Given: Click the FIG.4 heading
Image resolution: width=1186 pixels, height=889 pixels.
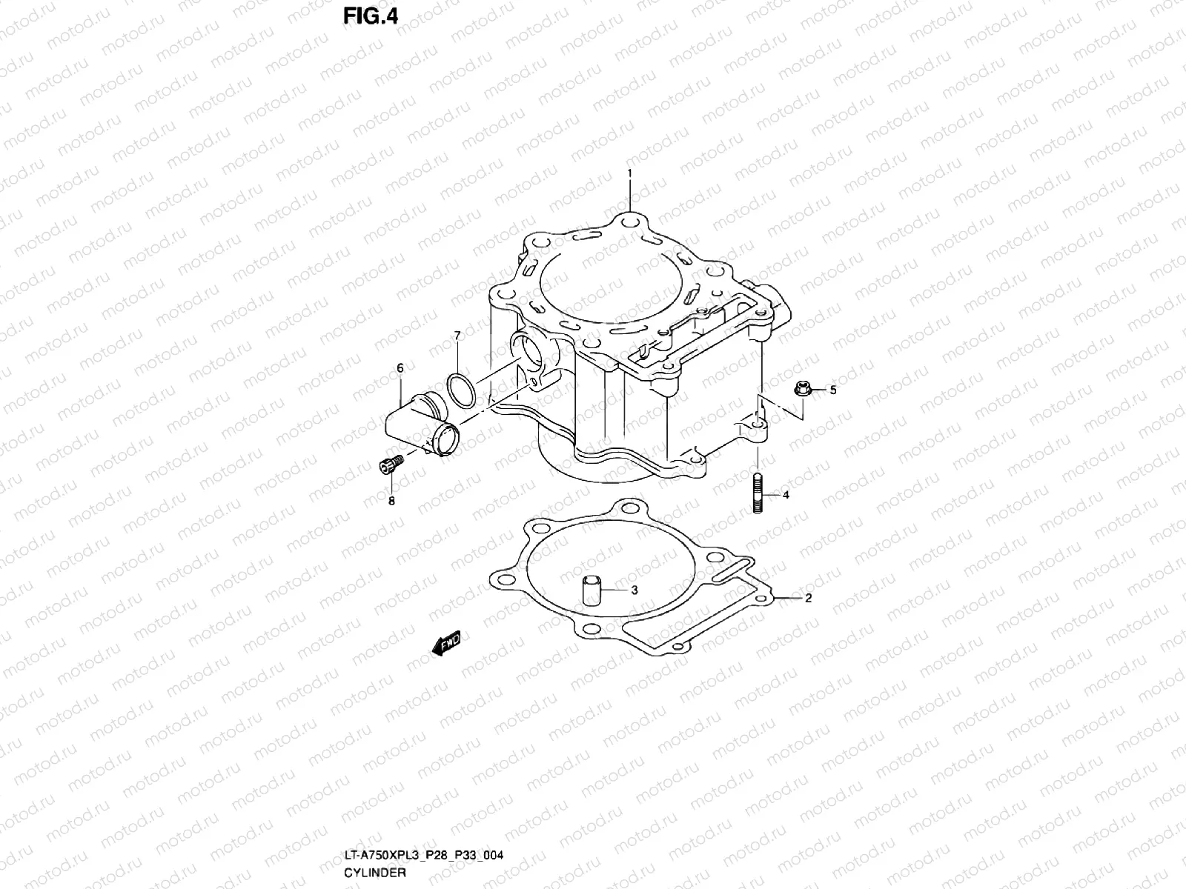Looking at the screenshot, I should pyautogui.click(x=370, y=16).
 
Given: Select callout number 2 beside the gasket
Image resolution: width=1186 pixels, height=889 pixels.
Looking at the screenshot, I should pyautogui.click(x=808, y=598).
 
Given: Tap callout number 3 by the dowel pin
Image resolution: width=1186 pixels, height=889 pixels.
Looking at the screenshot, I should pyautogui.click(x=634, y=590).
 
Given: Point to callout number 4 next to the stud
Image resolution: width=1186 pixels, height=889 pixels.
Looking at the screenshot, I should pyautogui.click(x=786, y=495).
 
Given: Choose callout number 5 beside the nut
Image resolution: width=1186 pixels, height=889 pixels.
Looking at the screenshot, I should pyautogui.click(x=832, y=390).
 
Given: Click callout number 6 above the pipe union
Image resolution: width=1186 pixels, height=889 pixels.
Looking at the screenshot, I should pyautogui.click(x=400, y=367).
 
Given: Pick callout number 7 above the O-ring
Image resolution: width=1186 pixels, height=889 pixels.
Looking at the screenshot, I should pyautogui.click(x=457, y=336).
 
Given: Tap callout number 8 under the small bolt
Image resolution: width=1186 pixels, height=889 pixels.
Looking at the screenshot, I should pyautogui.click(x=391, y=501).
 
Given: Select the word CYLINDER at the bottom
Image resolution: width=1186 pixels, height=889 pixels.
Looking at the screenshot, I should pyautogui.click(x=375, y=872).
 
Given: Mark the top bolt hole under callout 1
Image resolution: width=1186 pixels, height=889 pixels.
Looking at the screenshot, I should pyautogui.click(x=629, y=222).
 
